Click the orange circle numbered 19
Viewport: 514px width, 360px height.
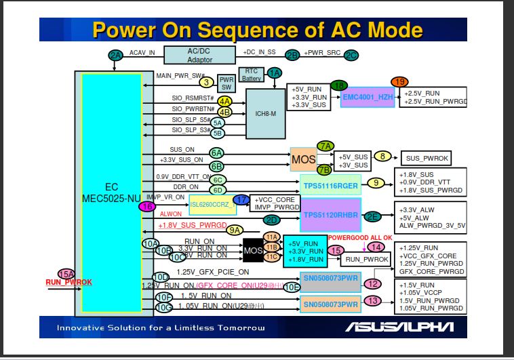tap(399, 81)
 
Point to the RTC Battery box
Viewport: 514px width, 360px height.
tap(252, 75)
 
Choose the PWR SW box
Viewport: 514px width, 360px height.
tap(226, 83)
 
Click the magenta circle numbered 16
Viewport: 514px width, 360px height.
tap(146, 206)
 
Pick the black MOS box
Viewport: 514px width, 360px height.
tap(252, 251)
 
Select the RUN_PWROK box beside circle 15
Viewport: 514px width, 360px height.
tap(366, 259)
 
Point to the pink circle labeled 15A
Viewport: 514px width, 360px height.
tap(66, 273)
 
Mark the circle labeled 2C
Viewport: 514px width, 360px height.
tap(351, 54)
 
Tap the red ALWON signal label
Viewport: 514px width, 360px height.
tap(172, 214)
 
